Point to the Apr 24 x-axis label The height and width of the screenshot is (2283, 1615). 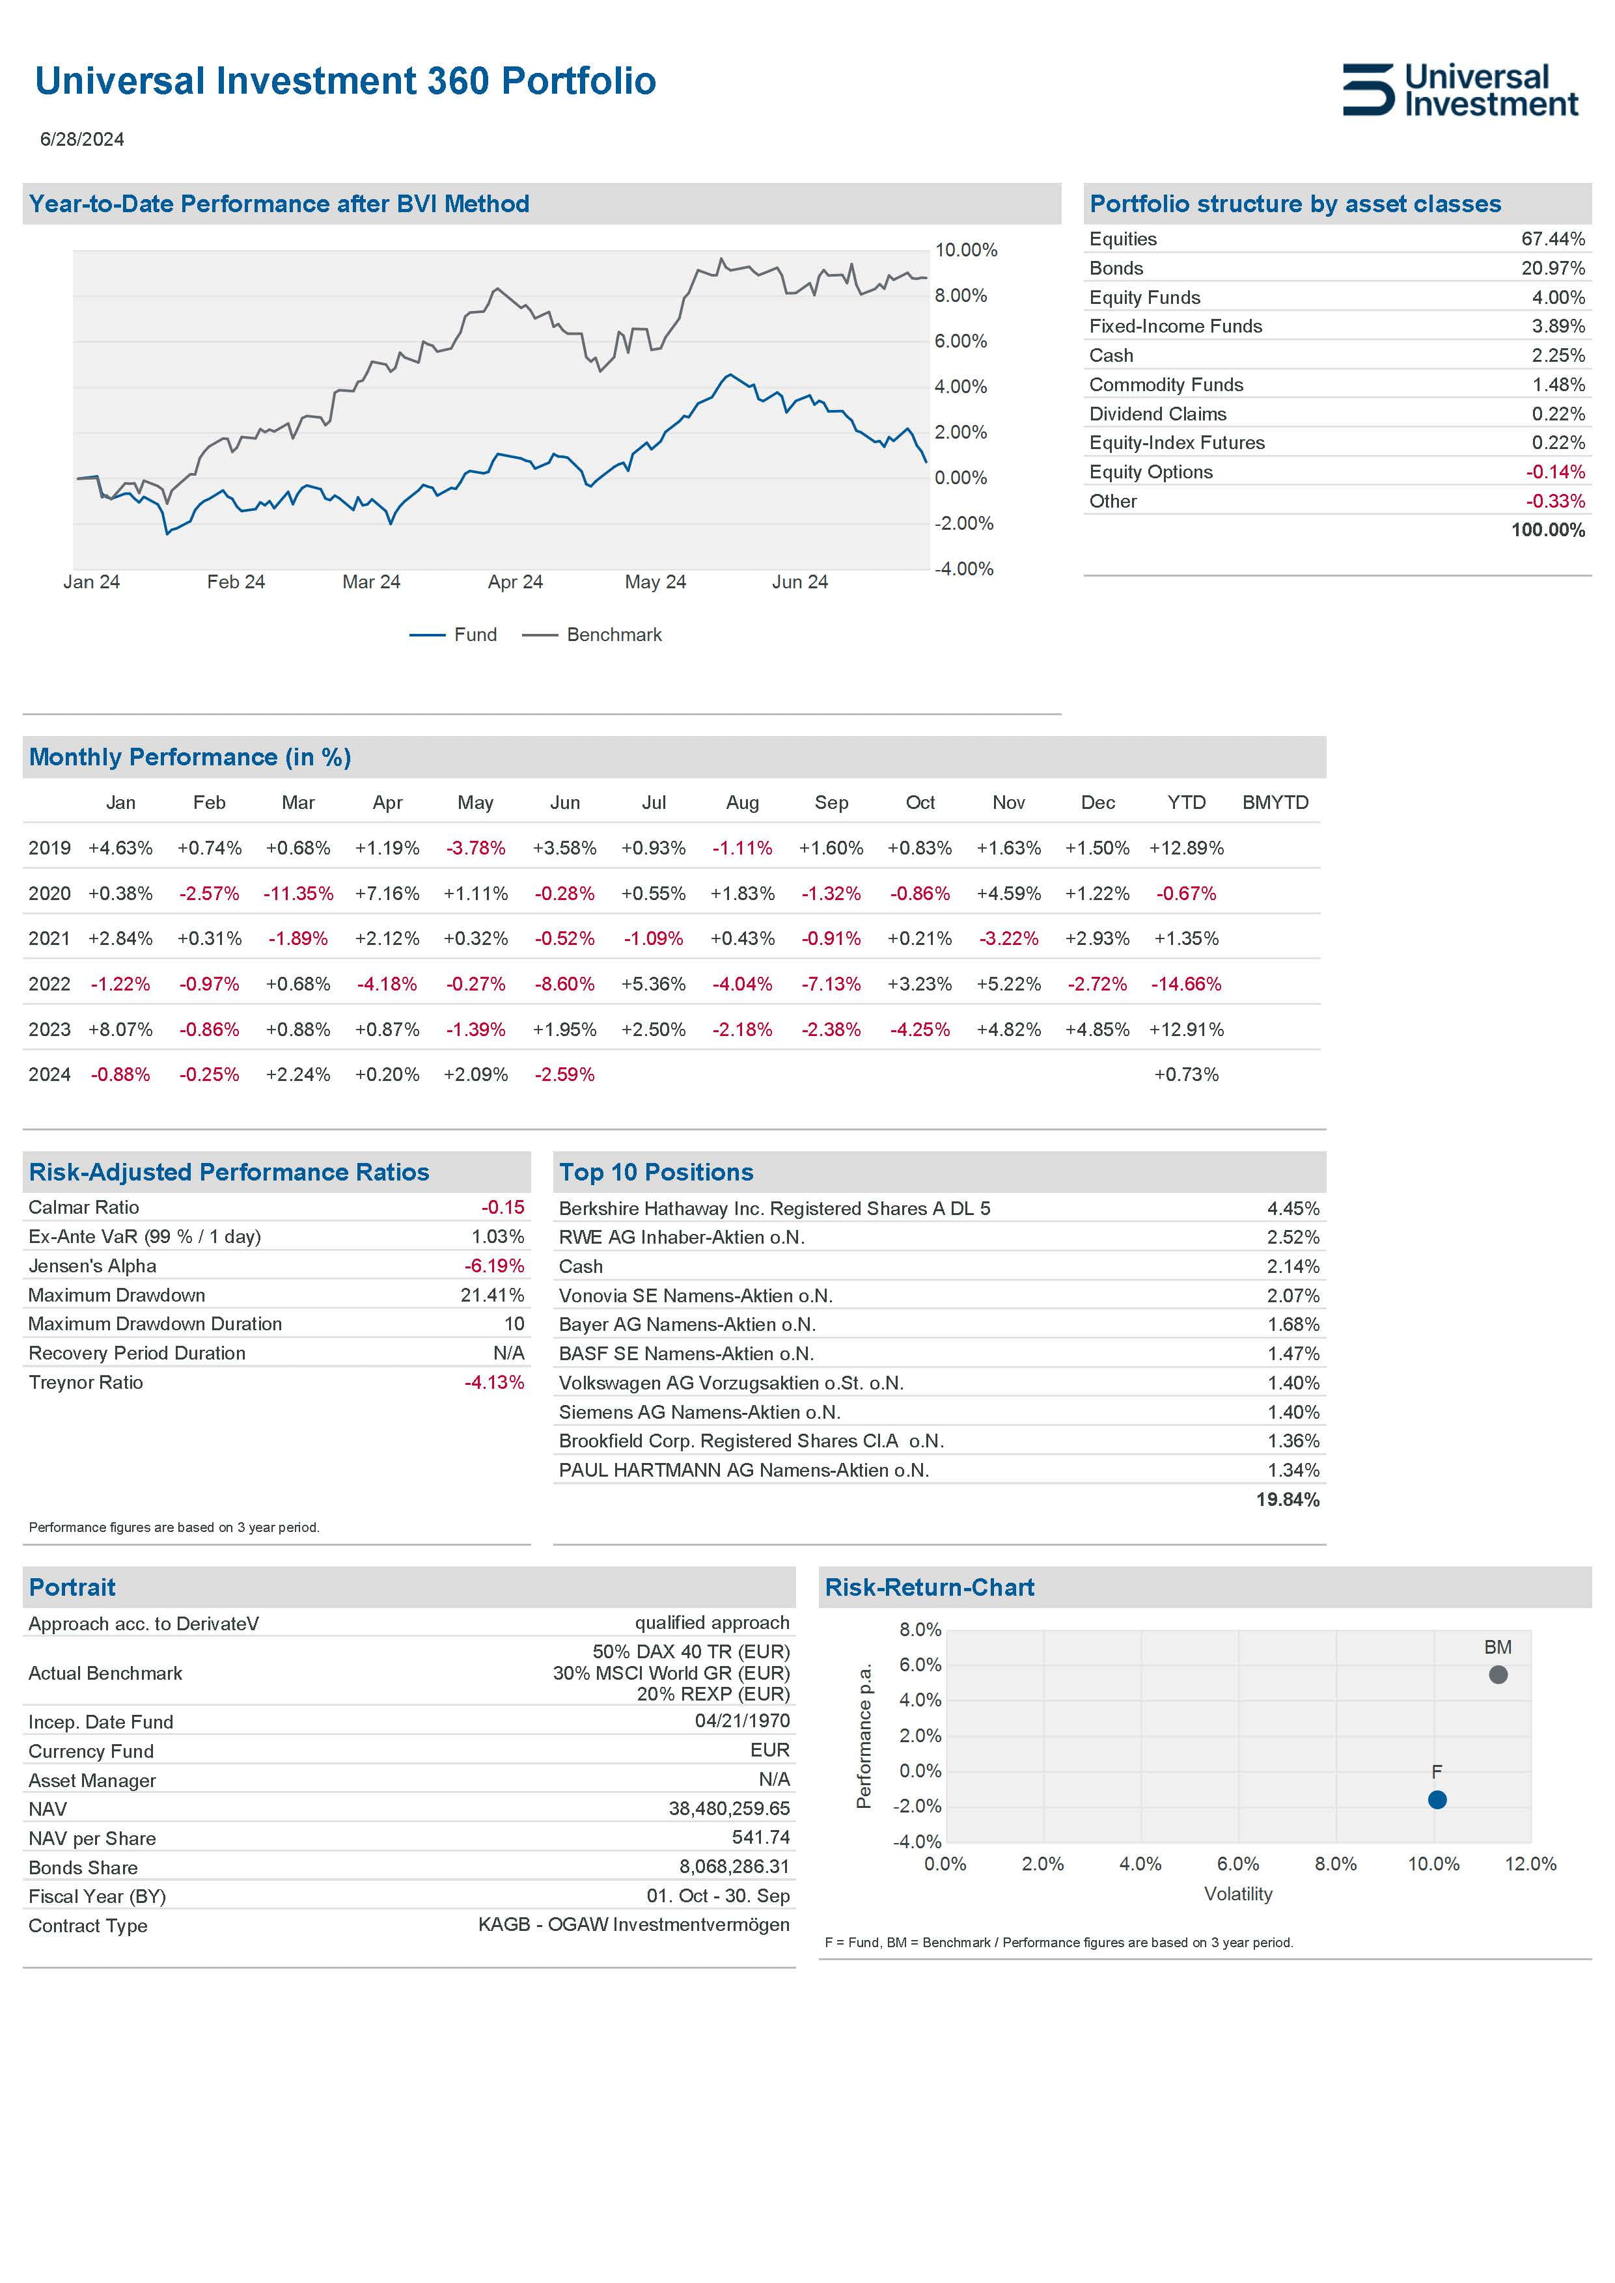pos(515,582)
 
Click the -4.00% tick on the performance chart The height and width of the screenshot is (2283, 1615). pos(963,569)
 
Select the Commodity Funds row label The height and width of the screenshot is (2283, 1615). pos(1165,385)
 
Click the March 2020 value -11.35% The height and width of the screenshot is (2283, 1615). pos(297,893)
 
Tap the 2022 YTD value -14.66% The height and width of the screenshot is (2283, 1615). pos(1185,983)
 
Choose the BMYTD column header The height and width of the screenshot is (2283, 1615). pos(1275,802)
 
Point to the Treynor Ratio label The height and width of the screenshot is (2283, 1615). pos(85,1382)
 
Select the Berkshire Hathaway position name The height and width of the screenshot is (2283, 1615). pos(774,1208)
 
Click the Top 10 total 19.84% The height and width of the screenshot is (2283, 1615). pos(1287,1499)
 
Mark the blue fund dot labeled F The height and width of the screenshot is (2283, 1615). pos(1437,1799)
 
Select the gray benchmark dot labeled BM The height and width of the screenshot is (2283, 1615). pos(1498,1675)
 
